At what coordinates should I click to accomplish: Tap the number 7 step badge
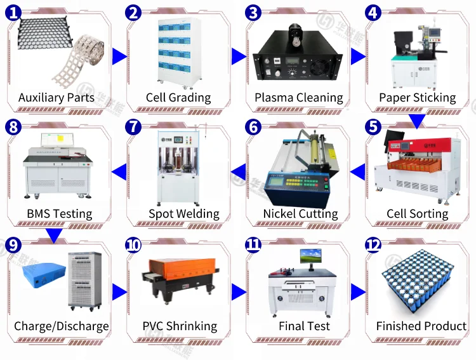[133, 126]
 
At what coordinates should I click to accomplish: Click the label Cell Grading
[178, 98]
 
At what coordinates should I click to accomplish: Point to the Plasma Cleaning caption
[298, 98]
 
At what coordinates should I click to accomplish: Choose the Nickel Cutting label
[300, 214]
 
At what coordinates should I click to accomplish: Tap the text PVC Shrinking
[180, 326]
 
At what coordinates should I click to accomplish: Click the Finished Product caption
[421, 326]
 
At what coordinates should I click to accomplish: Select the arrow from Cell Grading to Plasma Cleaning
[239, 57]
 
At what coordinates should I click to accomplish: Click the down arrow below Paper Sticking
[416, 120]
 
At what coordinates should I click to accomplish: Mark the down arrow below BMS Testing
[55, 236]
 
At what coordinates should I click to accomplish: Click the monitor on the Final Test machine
[311, 257]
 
